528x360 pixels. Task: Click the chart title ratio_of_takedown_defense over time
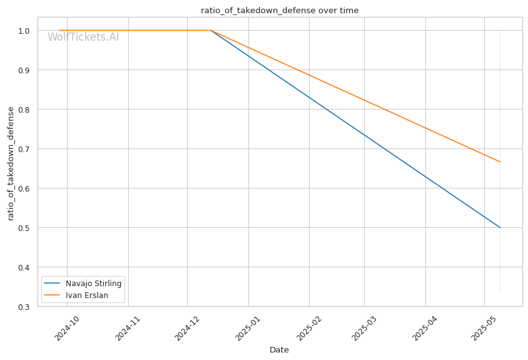[x=280, y=10]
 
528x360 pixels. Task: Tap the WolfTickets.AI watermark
[x=83, y=37]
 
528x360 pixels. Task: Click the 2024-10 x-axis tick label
[x=67, y=327]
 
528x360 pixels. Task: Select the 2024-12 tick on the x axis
[x=187, y=327]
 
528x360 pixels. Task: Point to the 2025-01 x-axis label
[x=248, y=327]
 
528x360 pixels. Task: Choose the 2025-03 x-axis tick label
[x=364, y=327]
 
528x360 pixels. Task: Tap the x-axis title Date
[x=279, y=350]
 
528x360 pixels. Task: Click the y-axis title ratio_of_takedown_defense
[x=11, y=163]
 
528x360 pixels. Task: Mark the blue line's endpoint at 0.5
[x=500, y=227]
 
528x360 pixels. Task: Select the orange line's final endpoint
[x=500, y=162]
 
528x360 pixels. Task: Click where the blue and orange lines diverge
[x=211, y=30]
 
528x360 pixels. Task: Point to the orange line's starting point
[x=59, y=30]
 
